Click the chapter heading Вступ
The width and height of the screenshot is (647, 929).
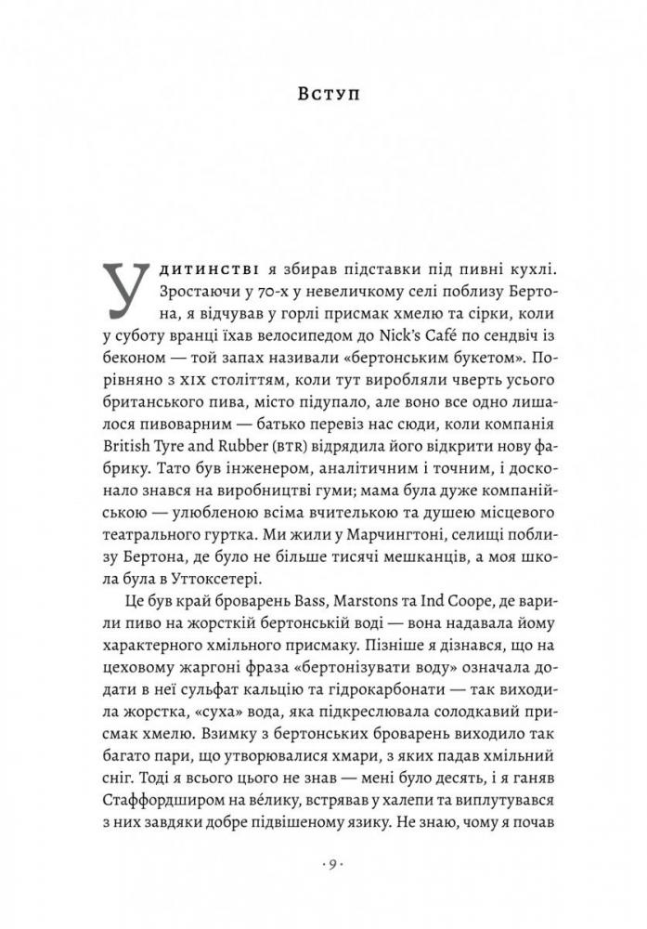(x=323, y=94)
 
